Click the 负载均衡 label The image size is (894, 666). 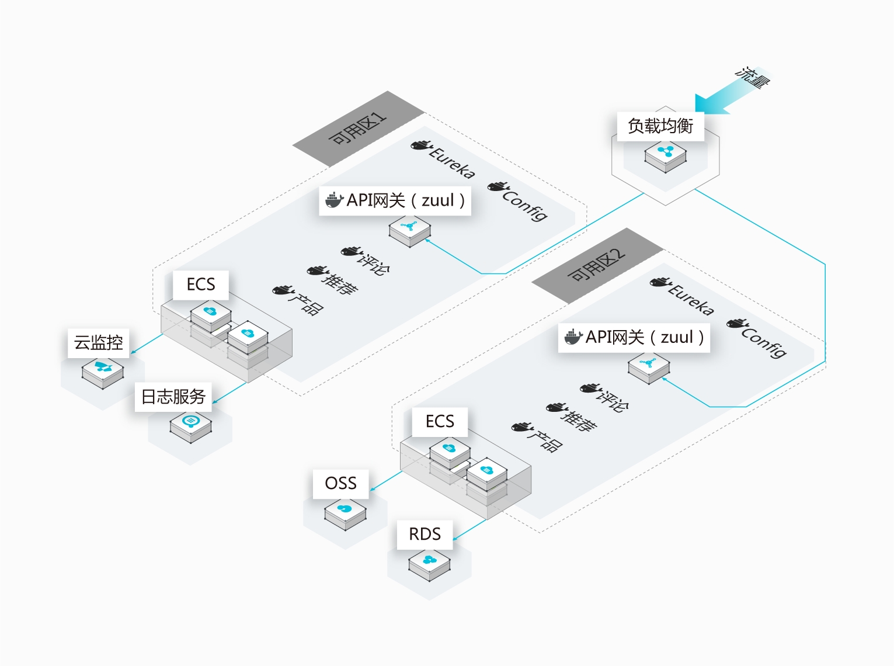pyautogui.click(x=660, y=126)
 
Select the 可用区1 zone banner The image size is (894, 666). pyautogui.click(x=358, y=129)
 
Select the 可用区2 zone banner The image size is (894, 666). pyautogui.click(x=597, y=266)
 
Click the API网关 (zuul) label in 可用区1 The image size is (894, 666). pyautogui.click(x=395, y=200)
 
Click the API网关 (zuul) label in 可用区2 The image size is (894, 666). pyautogui.click(x=634, y=337)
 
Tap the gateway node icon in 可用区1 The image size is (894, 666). pyautogui.click(x=410, y=230)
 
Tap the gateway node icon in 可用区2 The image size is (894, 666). pyautogui.click(x=649, y=366)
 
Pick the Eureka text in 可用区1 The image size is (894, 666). pyautogui.click(x=452, y=162)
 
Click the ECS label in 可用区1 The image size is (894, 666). pyautogui.click(x=200, y=285)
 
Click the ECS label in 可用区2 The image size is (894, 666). pyautogui.click(x=440, y=422)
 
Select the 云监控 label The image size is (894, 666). pyautogui.click(x=98, y=342)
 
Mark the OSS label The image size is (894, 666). pyautogui.click(x=340, y=484)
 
